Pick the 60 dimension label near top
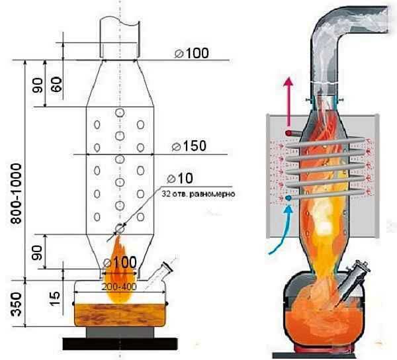[58, 84]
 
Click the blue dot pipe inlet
[289, 197]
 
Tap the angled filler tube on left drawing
[157, 272]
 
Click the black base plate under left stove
[120, 343]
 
